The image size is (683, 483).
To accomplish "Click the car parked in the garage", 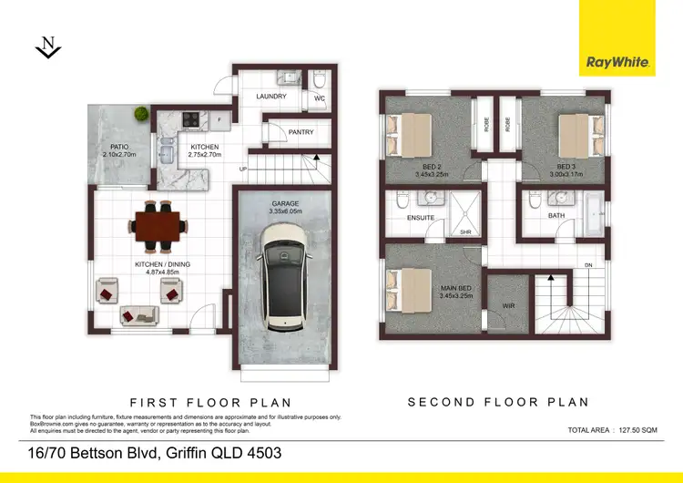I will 281,277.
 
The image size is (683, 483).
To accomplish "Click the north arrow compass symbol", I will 48,48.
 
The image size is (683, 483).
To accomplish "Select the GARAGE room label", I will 285,204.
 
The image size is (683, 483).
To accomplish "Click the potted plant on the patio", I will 141,114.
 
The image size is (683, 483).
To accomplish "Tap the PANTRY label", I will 301,133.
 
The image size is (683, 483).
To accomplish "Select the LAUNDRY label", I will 271,97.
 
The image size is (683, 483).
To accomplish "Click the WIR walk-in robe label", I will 508,306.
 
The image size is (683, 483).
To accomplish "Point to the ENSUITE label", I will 420,218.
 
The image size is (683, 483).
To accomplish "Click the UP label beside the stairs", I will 242,170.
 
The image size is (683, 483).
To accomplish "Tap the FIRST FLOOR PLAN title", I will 210,402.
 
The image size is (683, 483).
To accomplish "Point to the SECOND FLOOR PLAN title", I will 498,402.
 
